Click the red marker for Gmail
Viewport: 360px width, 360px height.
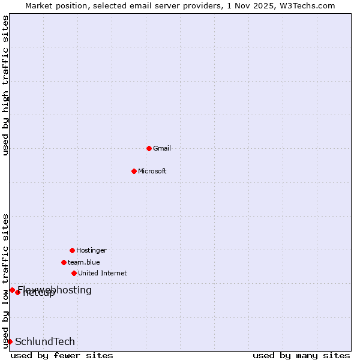click(149, 148)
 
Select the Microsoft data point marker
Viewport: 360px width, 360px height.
click(134, 171)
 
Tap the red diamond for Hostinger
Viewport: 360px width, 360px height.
click(72, 250)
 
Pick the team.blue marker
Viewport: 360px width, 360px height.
click(64, 262)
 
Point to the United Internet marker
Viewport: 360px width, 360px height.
click(74, 273)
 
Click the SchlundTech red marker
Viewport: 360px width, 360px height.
click(10, 341)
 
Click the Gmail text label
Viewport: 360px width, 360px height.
click(162, 148)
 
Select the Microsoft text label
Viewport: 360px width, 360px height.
click(152, 171)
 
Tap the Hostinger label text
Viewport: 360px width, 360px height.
click(91, 250)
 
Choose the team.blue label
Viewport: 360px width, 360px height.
click(84, 262)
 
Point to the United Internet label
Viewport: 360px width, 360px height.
click(103, 273)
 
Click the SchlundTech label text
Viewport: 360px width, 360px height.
click(45, 341)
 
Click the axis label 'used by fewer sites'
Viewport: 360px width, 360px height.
click(62, 355)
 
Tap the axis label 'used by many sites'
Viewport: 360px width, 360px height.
click(301, 355)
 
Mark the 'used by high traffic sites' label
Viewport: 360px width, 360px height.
click(5, 85)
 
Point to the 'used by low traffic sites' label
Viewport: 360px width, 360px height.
click(5, 280)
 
